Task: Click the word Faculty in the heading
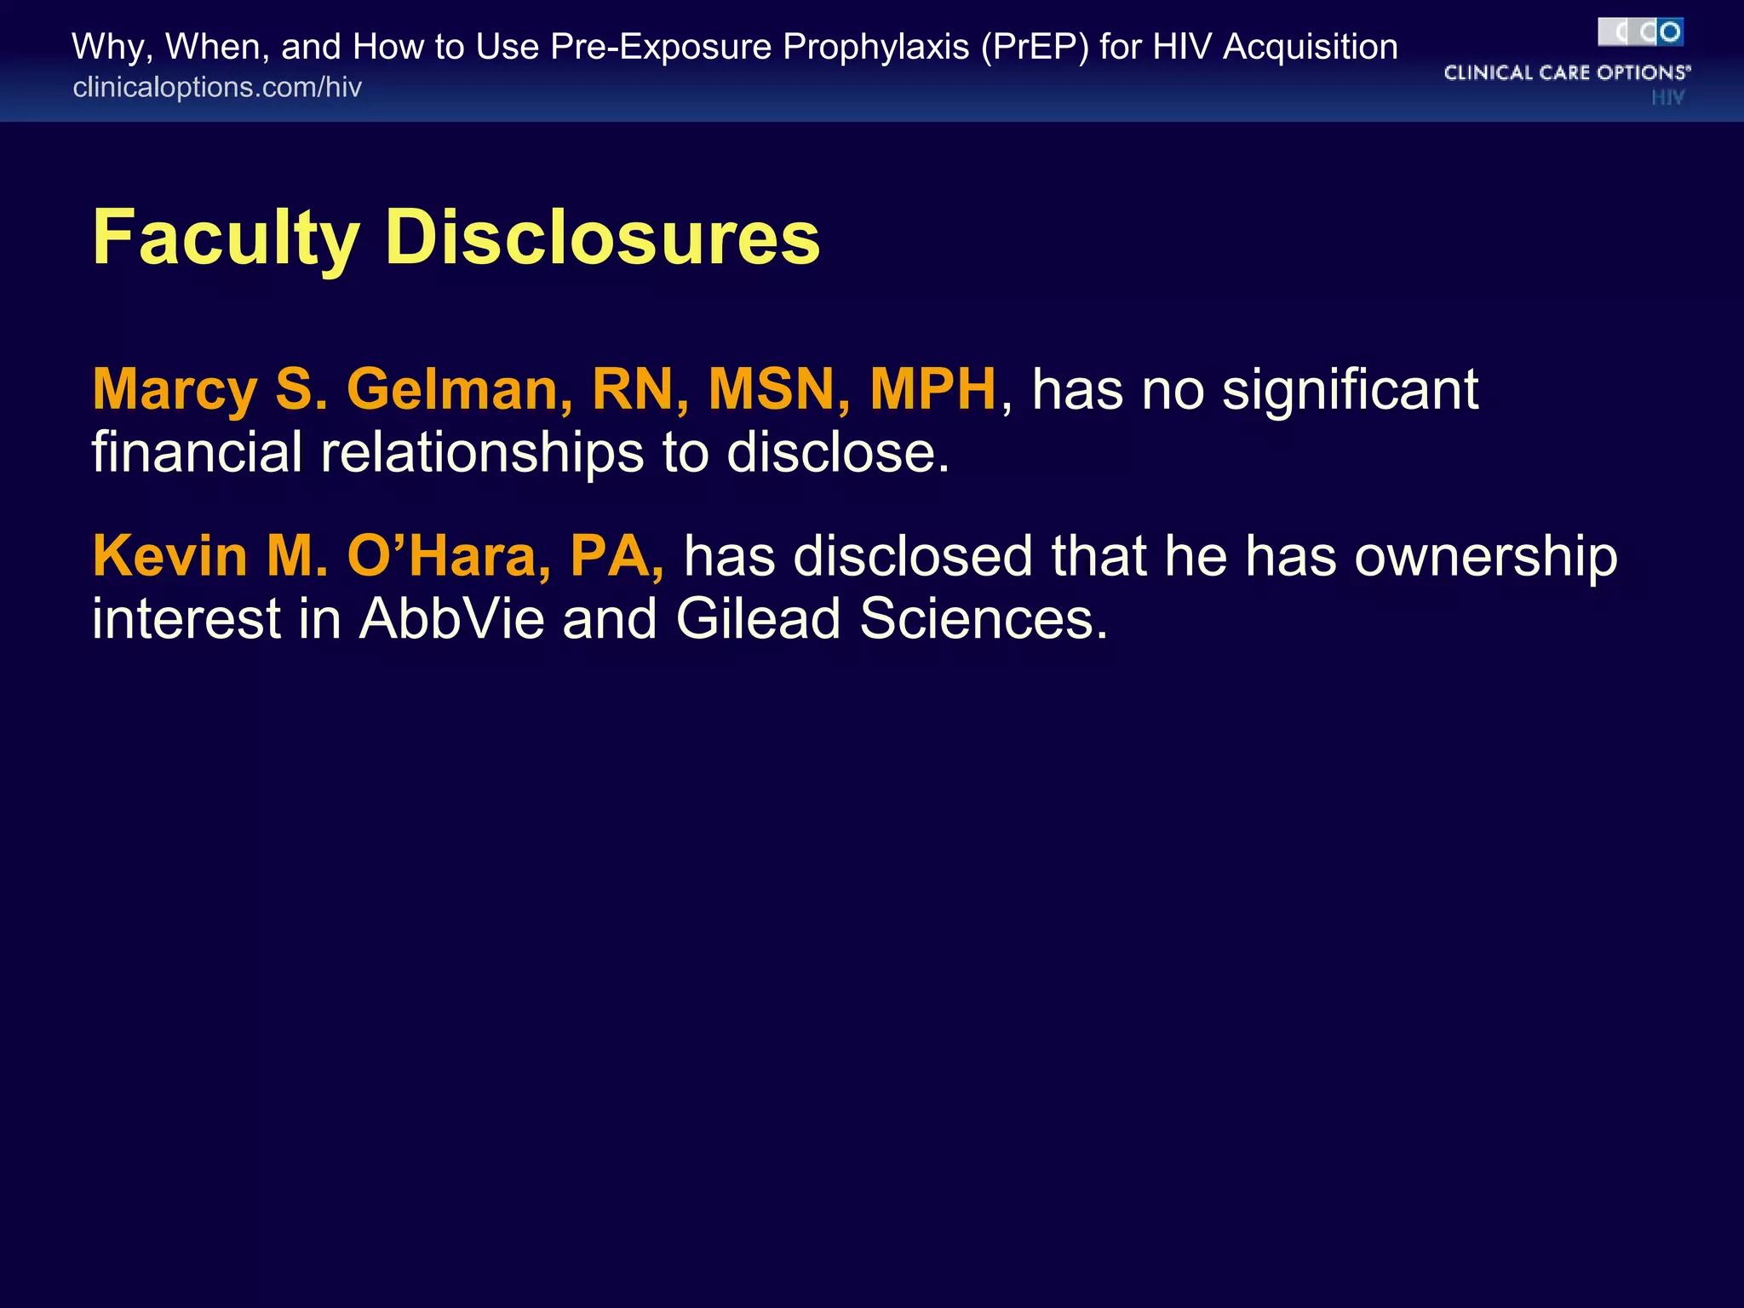pos(226,238)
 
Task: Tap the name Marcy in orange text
pos(175,391)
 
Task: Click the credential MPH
pos(932,389)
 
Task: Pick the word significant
pos(1350,391)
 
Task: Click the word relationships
pos(482,452)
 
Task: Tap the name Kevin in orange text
pos(169,556)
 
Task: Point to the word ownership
pos(1485,558)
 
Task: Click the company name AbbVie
pos(451,618)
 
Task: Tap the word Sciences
pos(984,618)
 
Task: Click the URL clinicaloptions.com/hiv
pos(217,88)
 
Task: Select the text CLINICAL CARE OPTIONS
pos(1566,72)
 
